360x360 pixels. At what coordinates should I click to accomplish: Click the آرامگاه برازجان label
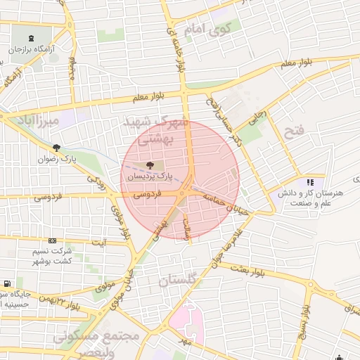click(x=32, y=50)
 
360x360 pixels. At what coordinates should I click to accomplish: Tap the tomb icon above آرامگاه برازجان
click(x=32, y=39)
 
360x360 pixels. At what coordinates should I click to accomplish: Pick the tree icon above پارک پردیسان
click(x=148, y=166)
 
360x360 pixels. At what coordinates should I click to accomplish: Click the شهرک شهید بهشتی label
click(x=155, y=130)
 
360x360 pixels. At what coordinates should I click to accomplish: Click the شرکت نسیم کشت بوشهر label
click(x=51, y=255)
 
